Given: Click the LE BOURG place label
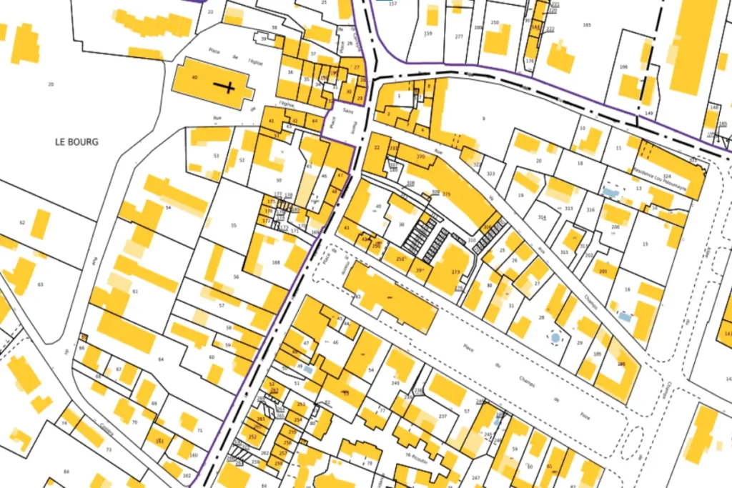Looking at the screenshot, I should pos(76,141).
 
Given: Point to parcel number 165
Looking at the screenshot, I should pos(587,25).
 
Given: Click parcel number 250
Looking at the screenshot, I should pos(495,23).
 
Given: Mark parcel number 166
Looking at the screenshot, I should pos(623,67).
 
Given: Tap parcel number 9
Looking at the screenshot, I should pos(483,118).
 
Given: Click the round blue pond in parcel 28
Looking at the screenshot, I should pos(555,337).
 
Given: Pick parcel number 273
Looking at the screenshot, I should pos(455,272).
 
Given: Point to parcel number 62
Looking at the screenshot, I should pos(22,223).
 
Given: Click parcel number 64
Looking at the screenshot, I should pos(161,359).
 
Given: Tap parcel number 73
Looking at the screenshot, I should pos(109,449).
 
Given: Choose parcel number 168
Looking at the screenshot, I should pos(275,264).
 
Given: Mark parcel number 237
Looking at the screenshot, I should pos(442,416).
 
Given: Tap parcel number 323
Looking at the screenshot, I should pos(490,174).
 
